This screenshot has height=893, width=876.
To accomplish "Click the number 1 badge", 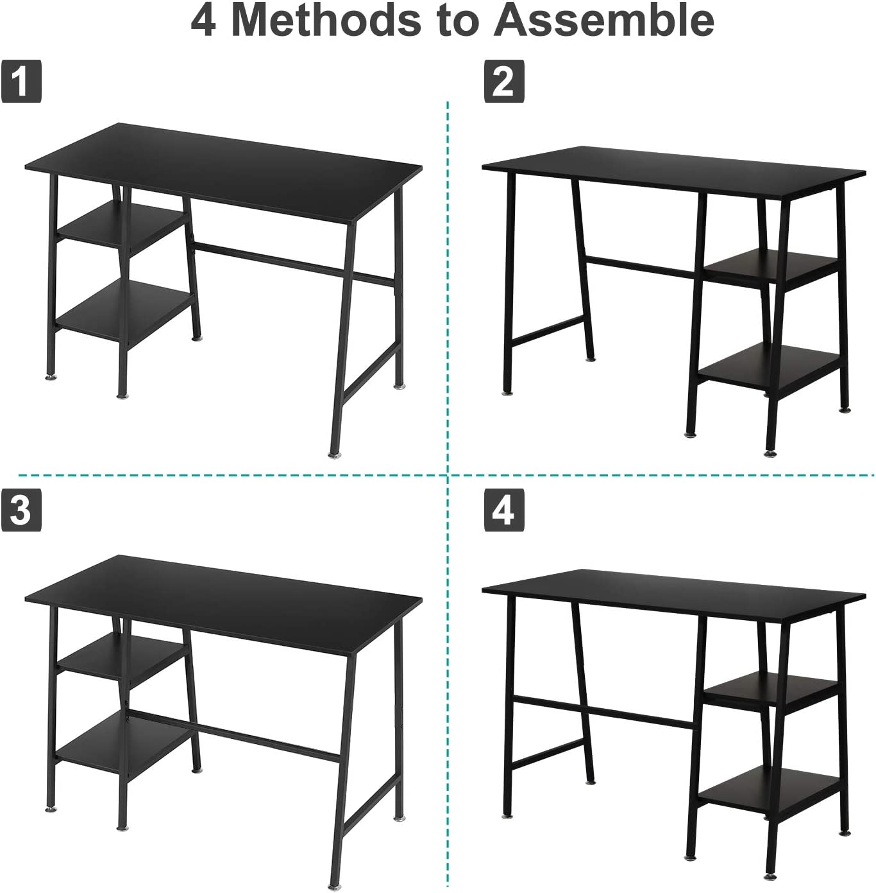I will coord(21,81).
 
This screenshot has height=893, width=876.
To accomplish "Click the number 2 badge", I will coord(503,81).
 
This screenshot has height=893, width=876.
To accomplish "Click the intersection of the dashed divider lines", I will coord(448,476).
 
